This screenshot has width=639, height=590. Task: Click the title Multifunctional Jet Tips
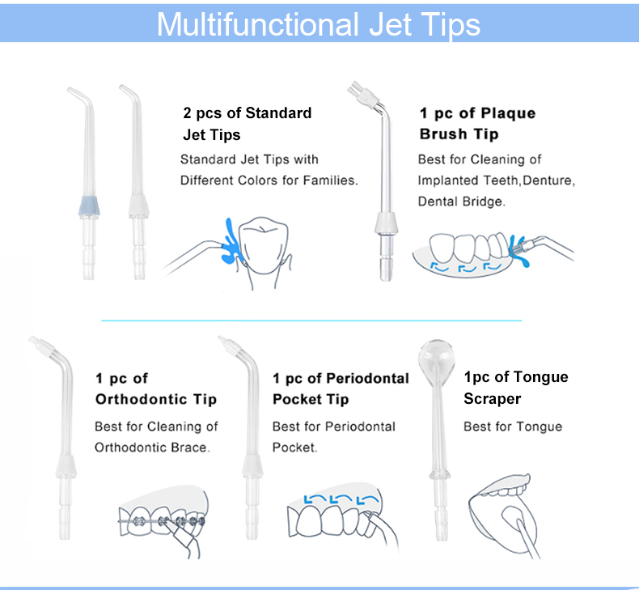pos(318,24)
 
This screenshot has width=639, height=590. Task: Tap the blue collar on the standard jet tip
pos(89,206)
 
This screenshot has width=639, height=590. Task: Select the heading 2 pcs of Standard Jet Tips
pos(248,124)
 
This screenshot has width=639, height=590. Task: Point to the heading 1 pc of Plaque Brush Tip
pos(477,124)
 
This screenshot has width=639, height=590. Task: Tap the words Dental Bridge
pos(462,202)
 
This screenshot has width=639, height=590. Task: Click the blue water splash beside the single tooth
pos(232,241)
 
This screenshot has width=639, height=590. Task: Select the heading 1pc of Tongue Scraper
pos(516,388)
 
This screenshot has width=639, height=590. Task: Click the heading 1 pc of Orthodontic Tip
pos(156,388)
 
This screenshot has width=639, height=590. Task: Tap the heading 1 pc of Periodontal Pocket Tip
pos(341,388)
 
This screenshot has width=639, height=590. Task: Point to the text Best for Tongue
pos(513,427)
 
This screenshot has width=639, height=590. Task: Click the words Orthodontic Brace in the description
pos(152,448)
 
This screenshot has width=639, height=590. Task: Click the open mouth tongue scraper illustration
pos(506,516)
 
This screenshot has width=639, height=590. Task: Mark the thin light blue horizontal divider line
pos(311,320)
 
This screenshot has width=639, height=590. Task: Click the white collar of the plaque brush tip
pos(386,223)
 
